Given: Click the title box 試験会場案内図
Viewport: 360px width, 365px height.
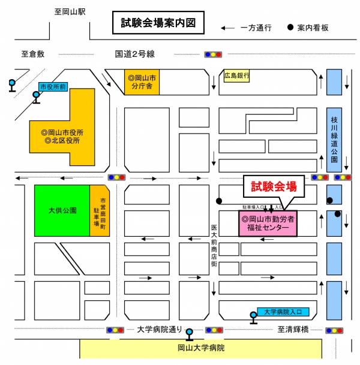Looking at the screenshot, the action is (158, 23).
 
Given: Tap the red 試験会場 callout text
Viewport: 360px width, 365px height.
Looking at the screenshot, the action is (274, 186).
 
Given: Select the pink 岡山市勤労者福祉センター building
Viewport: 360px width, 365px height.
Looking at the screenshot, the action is (268, 224).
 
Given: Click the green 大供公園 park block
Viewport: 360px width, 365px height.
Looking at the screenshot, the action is (62, 210).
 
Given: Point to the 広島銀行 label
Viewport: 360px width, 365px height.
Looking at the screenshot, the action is (236, 76).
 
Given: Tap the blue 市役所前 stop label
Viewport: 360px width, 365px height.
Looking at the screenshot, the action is (53, 87).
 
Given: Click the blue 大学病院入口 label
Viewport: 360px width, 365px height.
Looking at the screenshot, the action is (283, 312).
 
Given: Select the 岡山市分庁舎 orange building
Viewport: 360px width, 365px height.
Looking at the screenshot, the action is (142, 82).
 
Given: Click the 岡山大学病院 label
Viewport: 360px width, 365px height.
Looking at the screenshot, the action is (201, 348).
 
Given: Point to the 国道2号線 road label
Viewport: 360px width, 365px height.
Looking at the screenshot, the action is (134, 54).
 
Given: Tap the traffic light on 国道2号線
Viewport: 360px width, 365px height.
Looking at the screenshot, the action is (213, 55).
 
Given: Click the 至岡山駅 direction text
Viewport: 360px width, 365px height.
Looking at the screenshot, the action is (70, 11).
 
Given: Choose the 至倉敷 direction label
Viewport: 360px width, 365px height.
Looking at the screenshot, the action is (33, 54).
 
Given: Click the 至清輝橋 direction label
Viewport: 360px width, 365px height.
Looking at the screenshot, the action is (293, 330).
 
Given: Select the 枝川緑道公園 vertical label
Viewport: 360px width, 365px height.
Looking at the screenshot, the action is (334, 140).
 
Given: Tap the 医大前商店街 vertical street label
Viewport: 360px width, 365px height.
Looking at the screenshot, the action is (214, 246).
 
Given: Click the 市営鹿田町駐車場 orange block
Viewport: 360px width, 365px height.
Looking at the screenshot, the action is (100, 210).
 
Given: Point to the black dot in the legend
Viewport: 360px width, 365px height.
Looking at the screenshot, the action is (290, 27).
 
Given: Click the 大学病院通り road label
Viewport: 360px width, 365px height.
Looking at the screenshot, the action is (160, 330).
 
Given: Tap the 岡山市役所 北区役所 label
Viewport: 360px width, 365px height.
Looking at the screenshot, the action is (62, 137).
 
